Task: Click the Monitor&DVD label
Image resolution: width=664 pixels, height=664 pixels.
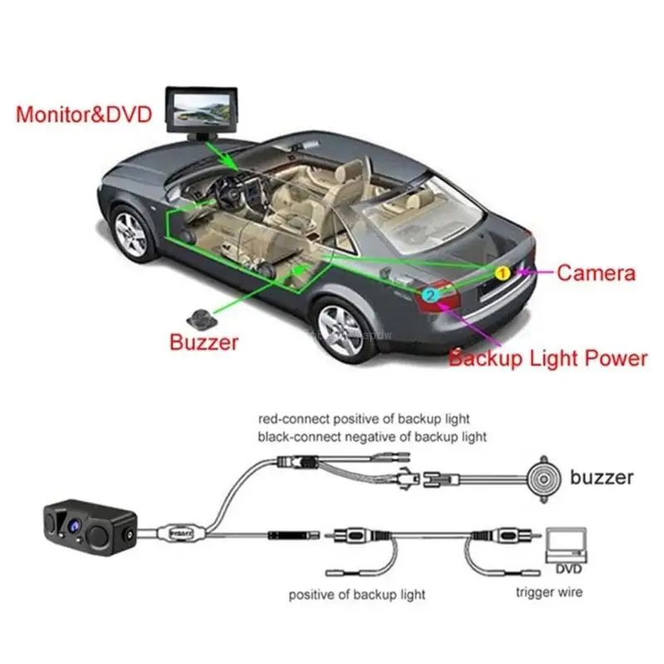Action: tap(84, 114)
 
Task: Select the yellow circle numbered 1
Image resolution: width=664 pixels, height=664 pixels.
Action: tap(501, 272)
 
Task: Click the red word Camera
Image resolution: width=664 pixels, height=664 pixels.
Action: tap(596, 273)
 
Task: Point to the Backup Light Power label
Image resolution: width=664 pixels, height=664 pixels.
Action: tap(548, 359)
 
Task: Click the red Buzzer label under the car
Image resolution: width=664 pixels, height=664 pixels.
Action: tap(203, 342)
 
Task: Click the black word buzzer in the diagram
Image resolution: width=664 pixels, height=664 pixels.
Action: tap(603, 477)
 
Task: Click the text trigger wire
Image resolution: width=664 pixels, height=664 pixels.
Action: tap(549, 592)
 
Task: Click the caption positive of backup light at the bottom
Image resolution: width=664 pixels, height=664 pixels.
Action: tap(357, 594)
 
